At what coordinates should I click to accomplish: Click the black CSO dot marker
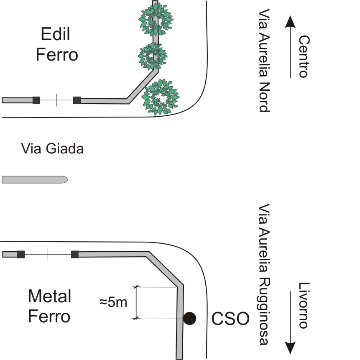(x=189, y=319)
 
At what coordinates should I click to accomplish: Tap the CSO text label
(x=230, y=319)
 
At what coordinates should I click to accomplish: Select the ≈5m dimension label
(x=113, y=302)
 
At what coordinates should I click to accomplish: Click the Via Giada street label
(x=52, y=148)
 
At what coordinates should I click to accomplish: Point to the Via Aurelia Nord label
(x=264, y=61)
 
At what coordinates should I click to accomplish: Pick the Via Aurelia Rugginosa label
(x=264, y=274)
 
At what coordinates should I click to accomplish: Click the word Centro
(x=304, y=56)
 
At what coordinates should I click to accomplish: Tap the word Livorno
(x=304, y=306)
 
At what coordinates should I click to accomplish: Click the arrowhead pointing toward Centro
(x=290, y=22)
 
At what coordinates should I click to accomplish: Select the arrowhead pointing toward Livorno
(x=290, y=348)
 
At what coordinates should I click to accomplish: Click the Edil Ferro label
(x=57, y=44)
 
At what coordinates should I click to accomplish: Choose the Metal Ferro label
(x=49, y=306)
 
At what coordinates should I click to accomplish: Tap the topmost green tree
(x=156, y=20)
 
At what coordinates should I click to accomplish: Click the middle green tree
(x=153, y=56)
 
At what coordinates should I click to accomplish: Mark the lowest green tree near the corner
(x=161, y=97)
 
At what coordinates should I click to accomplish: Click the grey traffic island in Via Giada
(x=35, y=179)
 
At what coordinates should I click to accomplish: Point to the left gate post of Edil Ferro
(x=36, y=100)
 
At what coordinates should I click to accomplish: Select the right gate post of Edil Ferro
(x=77, y=100)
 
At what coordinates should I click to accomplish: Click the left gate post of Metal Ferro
(x=21, y=254)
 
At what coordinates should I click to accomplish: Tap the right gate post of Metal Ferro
(x=74, y=254)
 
